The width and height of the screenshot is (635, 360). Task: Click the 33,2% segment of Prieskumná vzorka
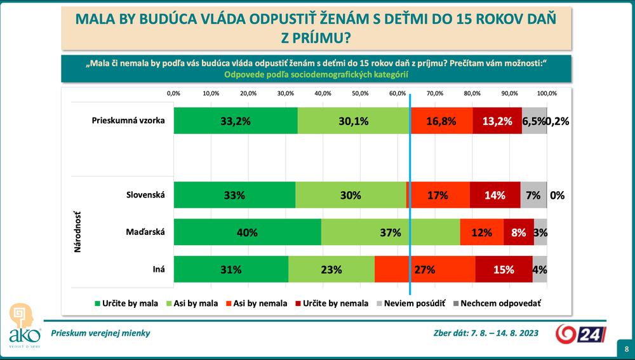click(235, 121)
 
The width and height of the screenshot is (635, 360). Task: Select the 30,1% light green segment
click(353, 121)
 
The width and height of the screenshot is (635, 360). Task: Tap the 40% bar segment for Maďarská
click(247, 232)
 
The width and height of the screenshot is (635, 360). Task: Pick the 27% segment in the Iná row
click(425, 269)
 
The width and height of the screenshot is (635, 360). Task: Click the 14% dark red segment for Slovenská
click(495, 196)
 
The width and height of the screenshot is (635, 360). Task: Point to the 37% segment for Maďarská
click(391, 232)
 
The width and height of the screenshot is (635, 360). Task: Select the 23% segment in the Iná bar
click(331, 269)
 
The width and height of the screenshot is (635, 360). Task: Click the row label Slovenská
click(146, 195)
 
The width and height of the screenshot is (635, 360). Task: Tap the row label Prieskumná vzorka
click(128, 121)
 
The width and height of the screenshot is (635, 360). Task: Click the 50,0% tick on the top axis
click(360, 93)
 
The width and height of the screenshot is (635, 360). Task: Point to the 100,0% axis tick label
click(547, 93)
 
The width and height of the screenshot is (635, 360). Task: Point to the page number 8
click(626, 349)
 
